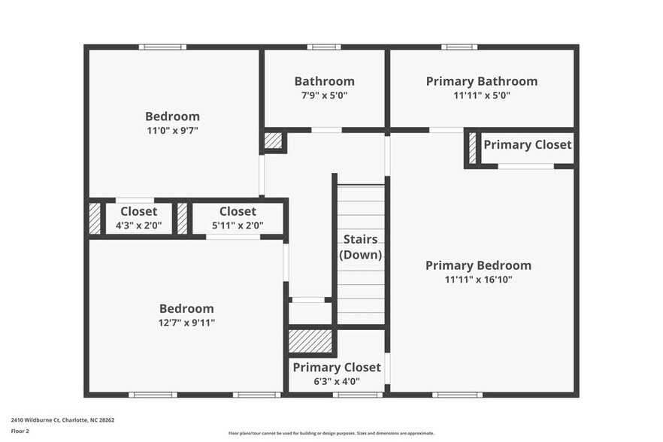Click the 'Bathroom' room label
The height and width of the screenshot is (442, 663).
coord(324,81)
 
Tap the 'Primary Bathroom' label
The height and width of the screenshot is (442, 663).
coord(481,81)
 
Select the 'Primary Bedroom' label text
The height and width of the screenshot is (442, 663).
coord(478,265)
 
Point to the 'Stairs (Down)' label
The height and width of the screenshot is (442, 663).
coord(360,247)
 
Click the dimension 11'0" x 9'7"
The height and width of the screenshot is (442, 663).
coord(172,130)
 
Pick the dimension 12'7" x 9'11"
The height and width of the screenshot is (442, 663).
coord(186,322)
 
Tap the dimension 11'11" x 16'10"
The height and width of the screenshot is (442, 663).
coord(478,280)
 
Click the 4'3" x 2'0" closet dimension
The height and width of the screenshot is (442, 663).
coord(138,225)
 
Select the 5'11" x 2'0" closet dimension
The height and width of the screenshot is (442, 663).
coord(238,225)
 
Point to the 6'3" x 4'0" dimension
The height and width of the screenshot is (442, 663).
coord(336,381)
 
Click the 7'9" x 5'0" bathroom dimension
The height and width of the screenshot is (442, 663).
coord(324,95)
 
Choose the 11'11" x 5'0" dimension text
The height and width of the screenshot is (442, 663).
coord(481,95)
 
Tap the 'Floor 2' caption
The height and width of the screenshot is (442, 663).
coord(20,431)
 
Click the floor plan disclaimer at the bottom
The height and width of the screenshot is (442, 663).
coord(331,433)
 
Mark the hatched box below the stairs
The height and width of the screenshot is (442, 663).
coord(310,340)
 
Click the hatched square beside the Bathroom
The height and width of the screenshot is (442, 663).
coord(273,141)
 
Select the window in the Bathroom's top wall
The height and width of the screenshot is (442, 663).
coord(324,47)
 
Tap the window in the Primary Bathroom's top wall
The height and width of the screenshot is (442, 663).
coord(459,47)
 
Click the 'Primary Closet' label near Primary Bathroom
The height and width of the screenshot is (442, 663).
coord(527,144)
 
